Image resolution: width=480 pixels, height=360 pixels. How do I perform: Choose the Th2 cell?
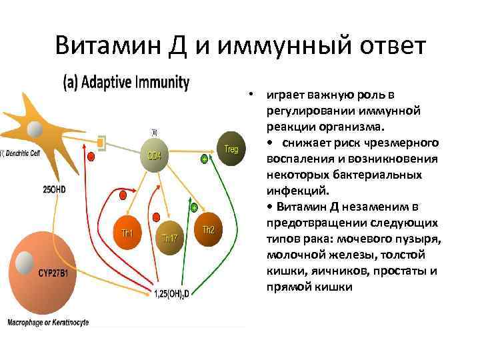209,230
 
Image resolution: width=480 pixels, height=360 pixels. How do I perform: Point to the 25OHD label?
55,189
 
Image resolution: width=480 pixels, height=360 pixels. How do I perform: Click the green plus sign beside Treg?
204,159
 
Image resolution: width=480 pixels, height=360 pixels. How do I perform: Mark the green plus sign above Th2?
194,208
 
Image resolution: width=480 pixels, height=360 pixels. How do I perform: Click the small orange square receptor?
101,141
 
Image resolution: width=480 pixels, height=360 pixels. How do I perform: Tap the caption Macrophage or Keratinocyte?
48,323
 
